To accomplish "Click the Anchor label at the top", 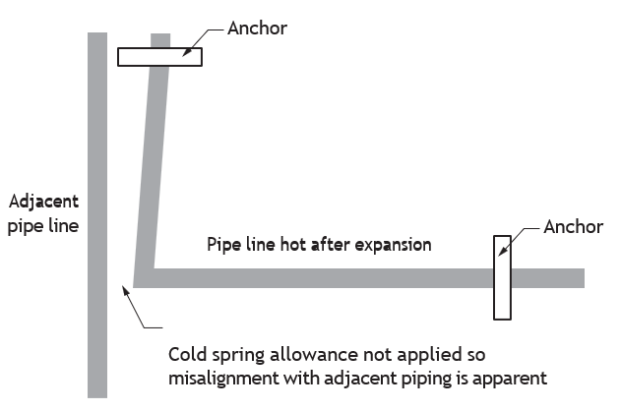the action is [x=257, y=29].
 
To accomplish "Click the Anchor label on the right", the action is [x=573, y=227].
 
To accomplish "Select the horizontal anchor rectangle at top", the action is [x=160, y=57].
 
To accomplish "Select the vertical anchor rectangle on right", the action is [x=502, y=277].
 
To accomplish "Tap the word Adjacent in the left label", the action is [x=43, y=203].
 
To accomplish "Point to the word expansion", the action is [x=393, y=245].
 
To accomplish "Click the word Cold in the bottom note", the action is [x=188, y=354].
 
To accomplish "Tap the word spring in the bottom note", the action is [x=238, y=355].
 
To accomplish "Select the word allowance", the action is [x=314, y=354].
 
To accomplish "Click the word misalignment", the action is [x=223, y=379].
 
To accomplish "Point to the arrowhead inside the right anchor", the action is [x=502, y=251].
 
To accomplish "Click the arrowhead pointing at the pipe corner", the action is [x=126, y=290].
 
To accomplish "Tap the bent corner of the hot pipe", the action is [x=144, y=278].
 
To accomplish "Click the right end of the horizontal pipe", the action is [x=584, y=278].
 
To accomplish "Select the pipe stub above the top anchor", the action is [x=160, y=40].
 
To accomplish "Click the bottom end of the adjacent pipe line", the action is [x=97, y=396].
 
